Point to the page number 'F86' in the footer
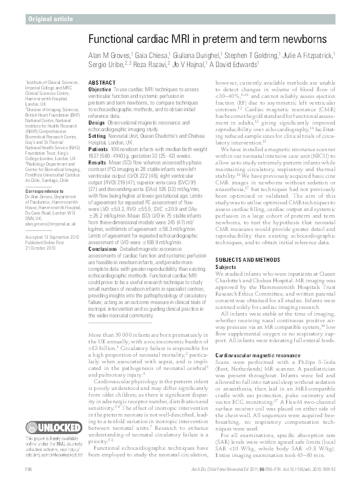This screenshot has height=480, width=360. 28,470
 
